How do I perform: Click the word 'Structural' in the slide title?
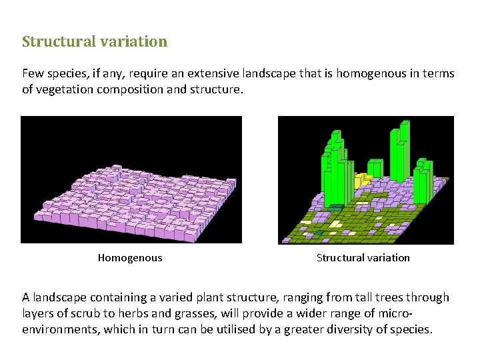[x=58, y=41]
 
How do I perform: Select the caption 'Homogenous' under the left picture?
[x=130, y=258]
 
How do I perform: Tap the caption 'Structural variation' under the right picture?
[x=363, y=258]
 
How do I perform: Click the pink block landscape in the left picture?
[x=133, y=197]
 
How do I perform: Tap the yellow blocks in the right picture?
[x=362, y=180]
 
